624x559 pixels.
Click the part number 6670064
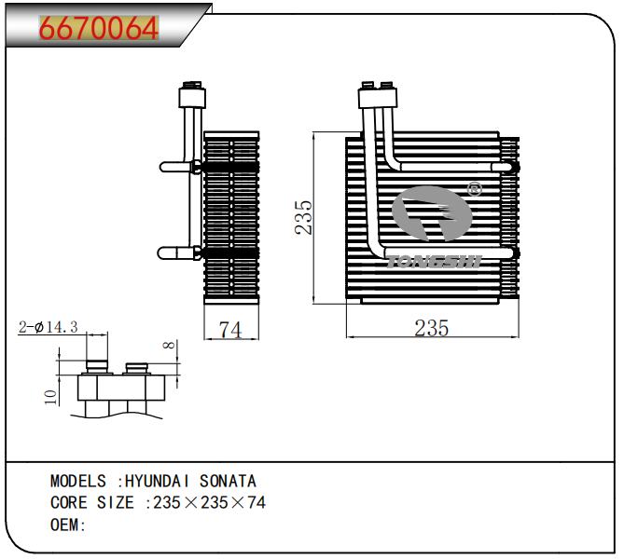point(98,30)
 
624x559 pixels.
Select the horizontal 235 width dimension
point(431,327)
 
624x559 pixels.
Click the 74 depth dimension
point(229,328)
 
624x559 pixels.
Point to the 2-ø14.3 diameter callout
point(48,327)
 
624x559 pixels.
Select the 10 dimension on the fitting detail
point(51,396)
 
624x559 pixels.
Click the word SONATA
point(227,482)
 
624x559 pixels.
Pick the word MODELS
point(78,482)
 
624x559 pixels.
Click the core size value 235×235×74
point(210,503)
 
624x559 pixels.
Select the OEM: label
point(68,525)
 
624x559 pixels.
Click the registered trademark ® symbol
point(473,189)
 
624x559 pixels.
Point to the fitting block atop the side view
point(191,95)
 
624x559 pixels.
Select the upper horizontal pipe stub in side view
point(177,166)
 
